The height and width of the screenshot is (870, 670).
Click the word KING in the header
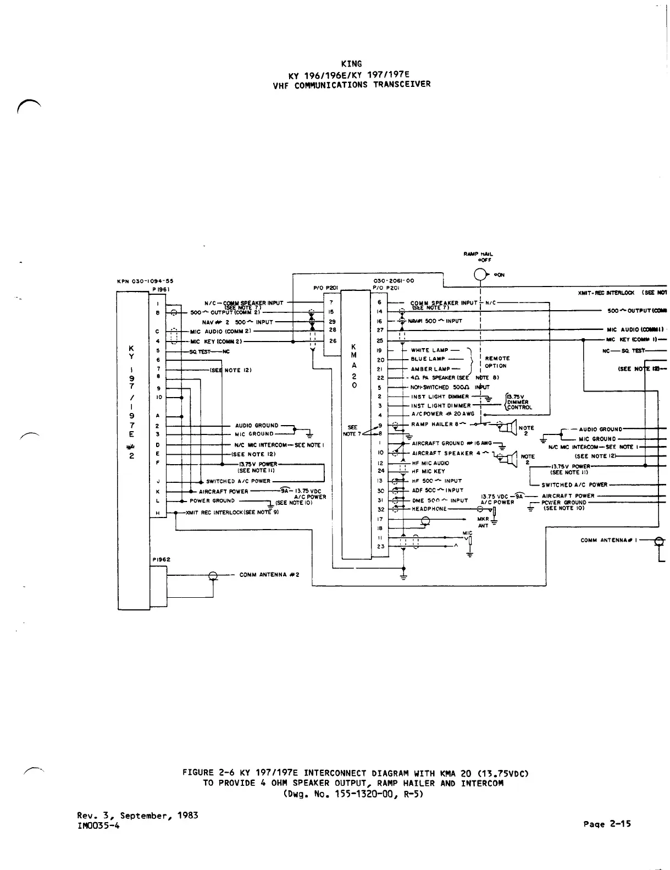click(351, 64)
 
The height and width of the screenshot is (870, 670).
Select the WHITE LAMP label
click(429, 350)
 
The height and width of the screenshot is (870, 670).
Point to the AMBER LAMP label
click(430, 369)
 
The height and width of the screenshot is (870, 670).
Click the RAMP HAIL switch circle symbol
click(481, 274)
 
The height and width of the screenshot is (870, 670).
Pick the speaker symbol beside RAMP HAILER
click(511, 426)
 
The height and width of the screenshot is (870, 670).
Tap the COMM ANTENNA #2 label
click(269, 575)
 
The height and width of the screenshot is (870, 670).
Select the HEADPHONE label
click(429, 509)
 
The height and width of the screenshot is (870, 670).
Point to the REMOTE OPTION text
click(497, 362)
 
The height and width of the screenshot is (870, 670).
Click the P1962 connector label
click(161, 559)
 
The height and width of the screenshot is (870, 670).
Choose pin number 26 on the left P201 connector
click(333, 341)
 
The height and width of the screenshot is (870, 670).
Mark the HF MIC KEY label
click(429, 471)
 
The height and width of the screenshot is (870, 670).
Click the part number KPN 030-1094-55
click(146, 281)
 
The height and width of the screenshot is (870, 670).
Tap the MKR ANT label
click(483, 522)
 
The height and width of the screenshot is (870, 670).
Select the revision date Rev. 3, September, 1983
click(137, 816)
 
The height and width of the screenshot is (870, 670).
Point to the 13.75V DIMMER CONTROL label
click(518, 402)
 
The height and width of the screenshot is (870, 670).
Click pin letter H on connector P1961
click(158, 513)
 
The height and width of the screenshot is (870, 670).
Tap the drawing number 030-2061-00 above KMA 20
click(394, 280)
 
